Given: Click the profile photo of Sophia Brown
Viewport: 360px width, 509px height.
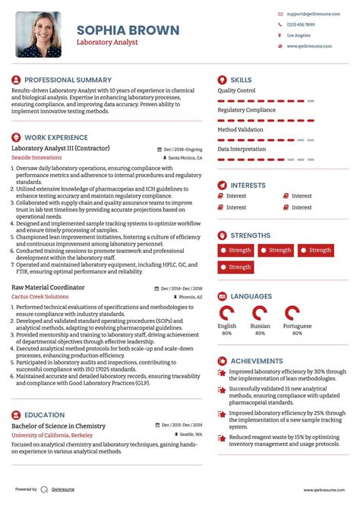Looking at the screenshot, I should point(39,34).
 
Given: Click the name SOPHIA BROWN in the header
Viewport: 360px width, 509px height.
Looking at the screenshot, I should point(128,30).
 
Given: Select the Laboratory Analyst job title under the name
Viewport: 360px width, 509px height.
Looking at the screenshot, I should point(107,43).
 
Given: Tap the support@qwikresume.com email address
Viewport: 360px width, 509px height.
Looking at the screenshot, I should point(309,14).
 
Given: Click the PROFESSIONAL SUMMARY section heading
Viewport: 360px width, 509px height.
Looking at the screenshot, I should point(68,80).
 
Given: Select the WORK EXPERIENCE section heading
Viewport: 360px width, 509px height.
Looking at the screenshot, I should point(57,137).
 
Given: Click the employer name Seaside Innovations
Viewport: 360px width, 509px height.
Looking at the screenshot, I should point(37,158).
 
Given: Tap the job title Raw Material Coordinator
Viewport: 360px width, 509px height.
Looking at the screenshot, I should point(48,288).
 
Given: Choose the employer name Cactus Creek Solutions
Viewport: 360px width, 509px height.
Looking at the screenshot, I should point(42,297).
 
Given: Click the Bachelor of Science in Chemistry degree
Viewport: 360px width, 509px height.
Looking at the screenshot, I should point(58,426).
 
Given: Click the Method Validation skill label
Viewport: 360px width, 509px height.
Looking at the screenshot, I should point(240,130).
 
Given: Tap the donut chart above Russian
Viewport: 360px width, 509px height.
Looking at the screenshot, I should point(261,313).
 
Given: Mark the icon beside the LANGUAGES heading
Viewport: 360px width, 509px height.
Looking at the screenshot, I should point(223,296).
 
